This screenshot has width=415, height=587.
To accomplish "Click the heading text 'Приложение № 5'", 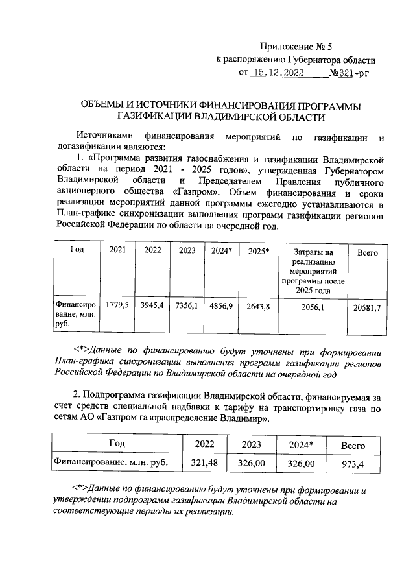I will [x=295, y=46].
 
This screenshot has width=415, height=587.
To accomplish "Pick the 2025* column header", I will [x=258, y=250].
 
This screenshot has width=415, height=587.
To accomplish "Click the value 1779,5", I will [x=117, y=305].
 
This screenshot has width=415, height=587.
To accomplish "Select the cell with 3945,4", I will [x=152, y=305].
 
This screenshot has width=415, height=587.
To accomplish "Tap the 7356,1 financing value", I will [x=186, y=305].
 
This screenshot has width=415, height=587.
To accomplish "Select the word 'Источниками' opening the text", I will [x=105, y=138].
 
